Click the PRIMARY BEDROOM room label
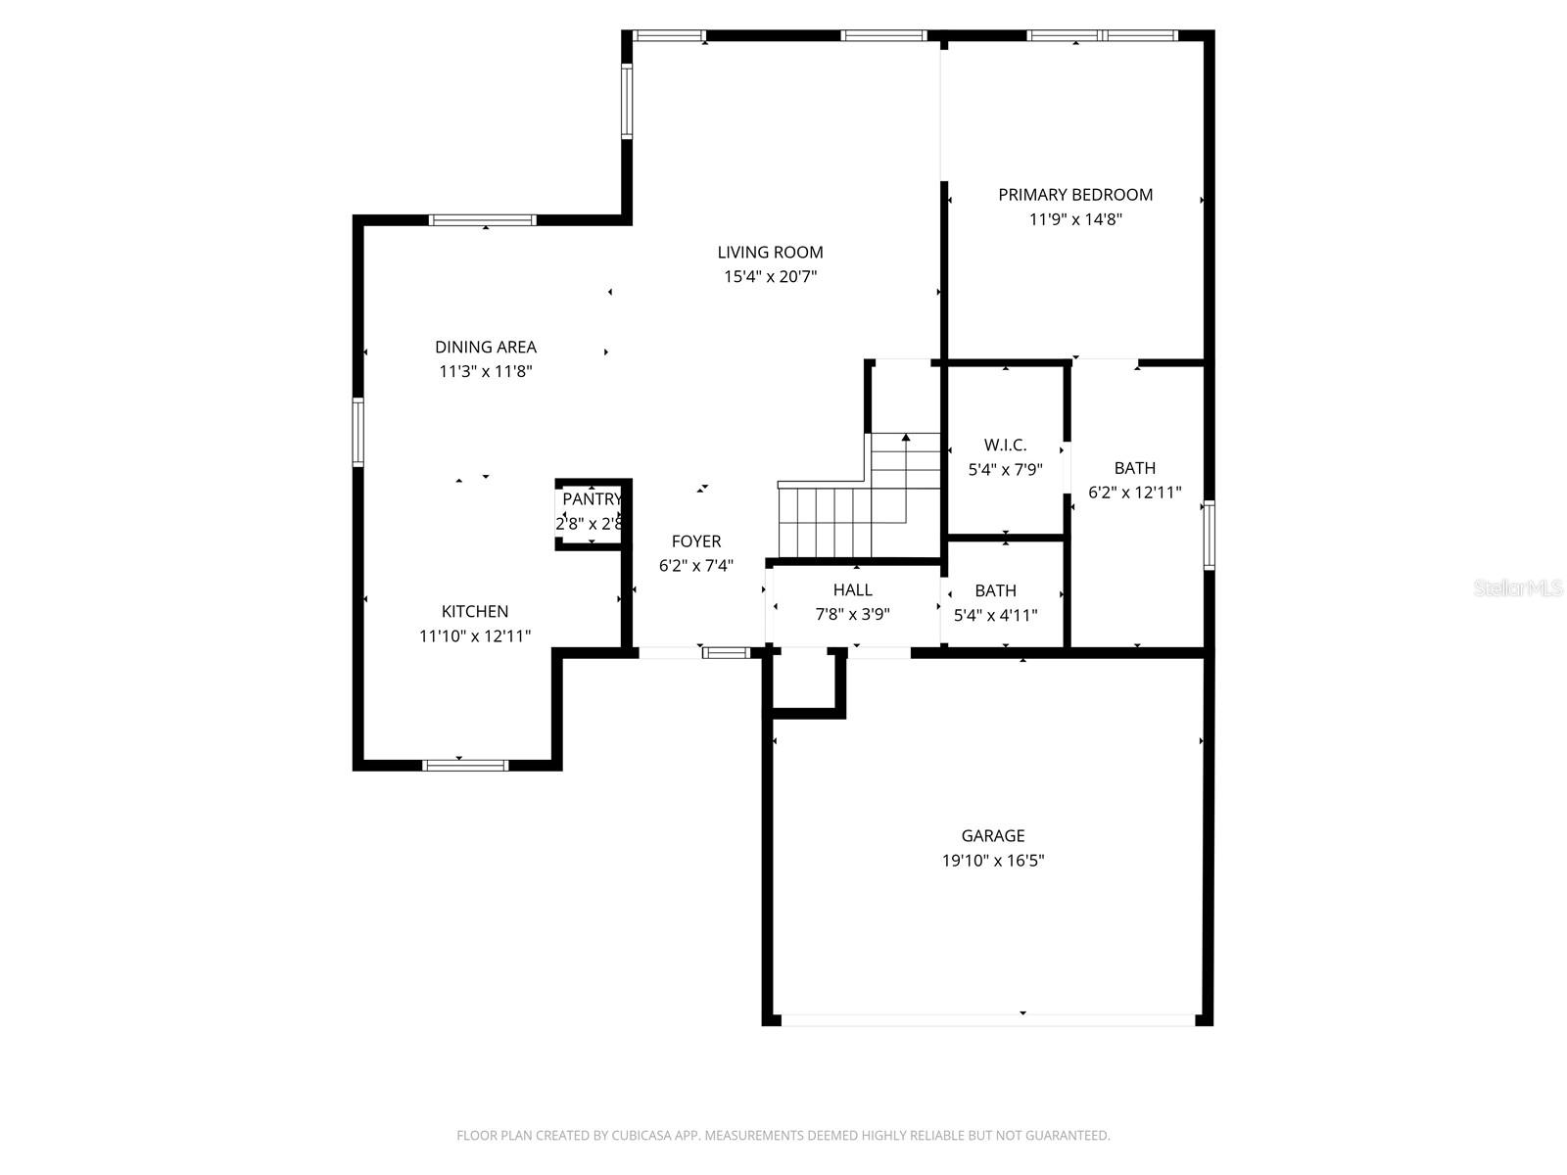pos(1075,195)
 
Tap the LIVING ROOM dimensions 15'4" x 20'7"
pos(770,277)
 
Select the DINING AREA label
pos(486,347)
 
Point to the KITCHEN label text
pos(475,612)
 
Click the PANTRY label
pos(591,500)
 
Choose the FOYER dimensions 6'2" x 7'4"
pos(695,566)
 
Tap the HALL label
pos(852,590)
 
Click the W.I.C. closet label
pos(1005,446)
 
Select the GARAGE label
pos(993,836)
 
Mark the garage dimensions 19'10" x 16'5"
pos(993,862)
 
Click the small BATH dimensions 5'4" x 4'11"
pos(995,616)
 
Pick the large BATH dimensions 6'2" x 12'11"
pos(1134,493)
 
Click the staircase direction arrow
pos(906,438)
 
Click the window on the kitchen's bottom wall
pos(465,765)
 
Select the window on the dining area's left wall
pos(358,432)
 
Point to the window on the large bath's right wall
pos(1209,535)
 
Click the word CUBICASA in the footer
pos(641,1136)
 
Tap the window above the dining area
pos(483,220)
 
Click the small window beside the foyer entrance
pos(726,652)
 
